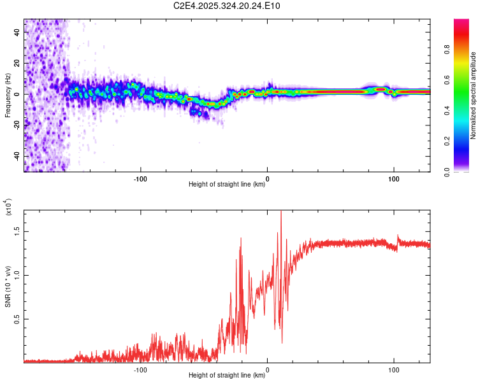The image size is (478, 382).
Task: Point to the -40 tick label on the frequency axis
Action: [x=15, y=156]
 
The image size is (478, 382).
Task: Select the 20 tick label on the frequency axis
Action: [x=17, y=64]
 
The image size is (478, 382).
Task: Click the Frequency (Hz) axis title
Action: [x=8, y=96]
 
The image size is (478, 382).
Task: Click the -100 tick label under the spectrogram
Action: [x=140, y=178]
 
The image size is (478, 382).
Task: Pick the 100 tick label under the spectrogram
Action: [x=394, y=178]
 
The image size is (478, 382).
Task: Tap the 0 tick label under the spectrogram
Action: [x=267, y=178]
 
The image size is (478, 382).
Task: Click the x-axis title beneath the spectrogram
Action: [x=227, y=185]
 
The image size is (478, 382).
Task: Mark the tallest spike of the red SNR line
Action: [x=281, y=213]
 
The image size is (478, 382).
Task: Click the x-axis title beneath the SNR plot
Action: [x=227, y=376]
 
